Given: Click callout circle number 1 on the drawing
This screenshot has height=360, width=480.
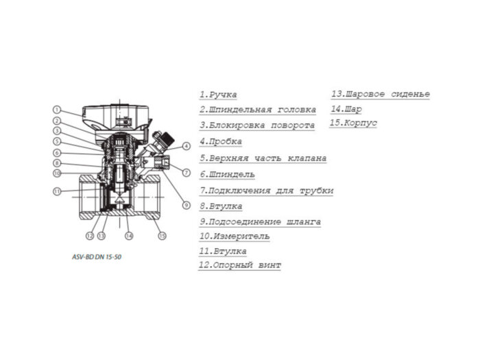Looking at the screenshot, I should pyautogui.click(x=58, y=110).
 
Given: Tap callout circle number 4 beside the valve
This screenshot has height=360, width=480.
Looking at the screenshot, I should pyautogui.click(x=187, y=146).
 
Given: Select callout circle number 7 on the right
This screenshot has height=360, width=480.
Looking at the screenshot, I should pyautogui.click(x=187, y=171).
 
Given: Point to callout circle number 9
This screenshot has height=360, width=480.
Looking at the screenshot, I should pyautogui.click(x=185, y=204).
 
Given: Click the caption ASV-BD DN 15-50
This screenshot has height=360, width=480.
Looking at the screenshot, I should pyautogui.click(x=100, y=256).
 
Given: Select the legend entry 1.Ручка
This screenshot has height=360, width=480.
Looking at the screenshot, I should pyautogui.click(x=218, y=95).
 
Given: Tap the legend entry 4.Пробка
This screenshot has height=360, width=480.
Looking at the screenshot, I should pyautogui.click(x=221, y=142).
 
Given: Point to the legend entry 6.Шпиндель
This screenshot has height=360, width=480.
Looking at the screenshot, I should pyautogui.click(x=227, y=174).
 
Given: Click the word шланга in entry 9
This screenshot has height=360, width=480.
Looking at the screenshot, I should pyautogui.click(x=302, y=222).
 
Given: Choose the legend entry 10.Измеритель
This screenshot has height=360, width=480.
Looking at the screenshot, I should pyautogui.click(x=234, y=237).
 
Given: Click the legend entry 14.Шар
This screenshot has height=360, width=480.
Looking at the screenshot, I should pyautogui.click(x=346, y=109).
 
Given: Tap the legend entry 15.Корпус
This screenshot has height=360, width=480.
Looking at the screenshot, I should pyautogui.click(x=353, y=123).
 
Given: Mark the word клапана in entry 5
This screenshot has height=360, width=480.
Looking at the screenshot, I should pyautogui.click(x=305, y=158).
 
